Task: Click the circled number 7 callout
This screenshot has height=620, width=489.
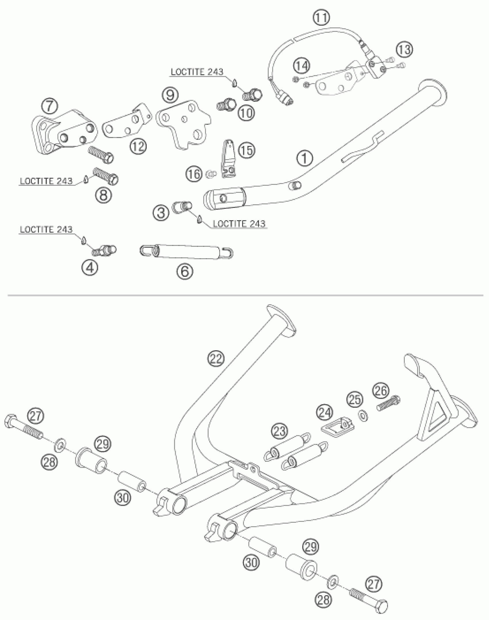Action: (50, 106)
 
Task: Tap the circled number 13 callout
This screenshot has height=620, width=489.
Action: (405, 50)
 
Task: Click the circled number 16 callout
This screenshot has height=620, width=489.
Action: (194, 174)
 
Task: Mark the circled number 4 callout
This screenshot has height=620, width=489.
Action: (90, 268)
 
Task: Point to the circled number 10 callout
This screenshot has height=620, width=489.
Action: (247, 113)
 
